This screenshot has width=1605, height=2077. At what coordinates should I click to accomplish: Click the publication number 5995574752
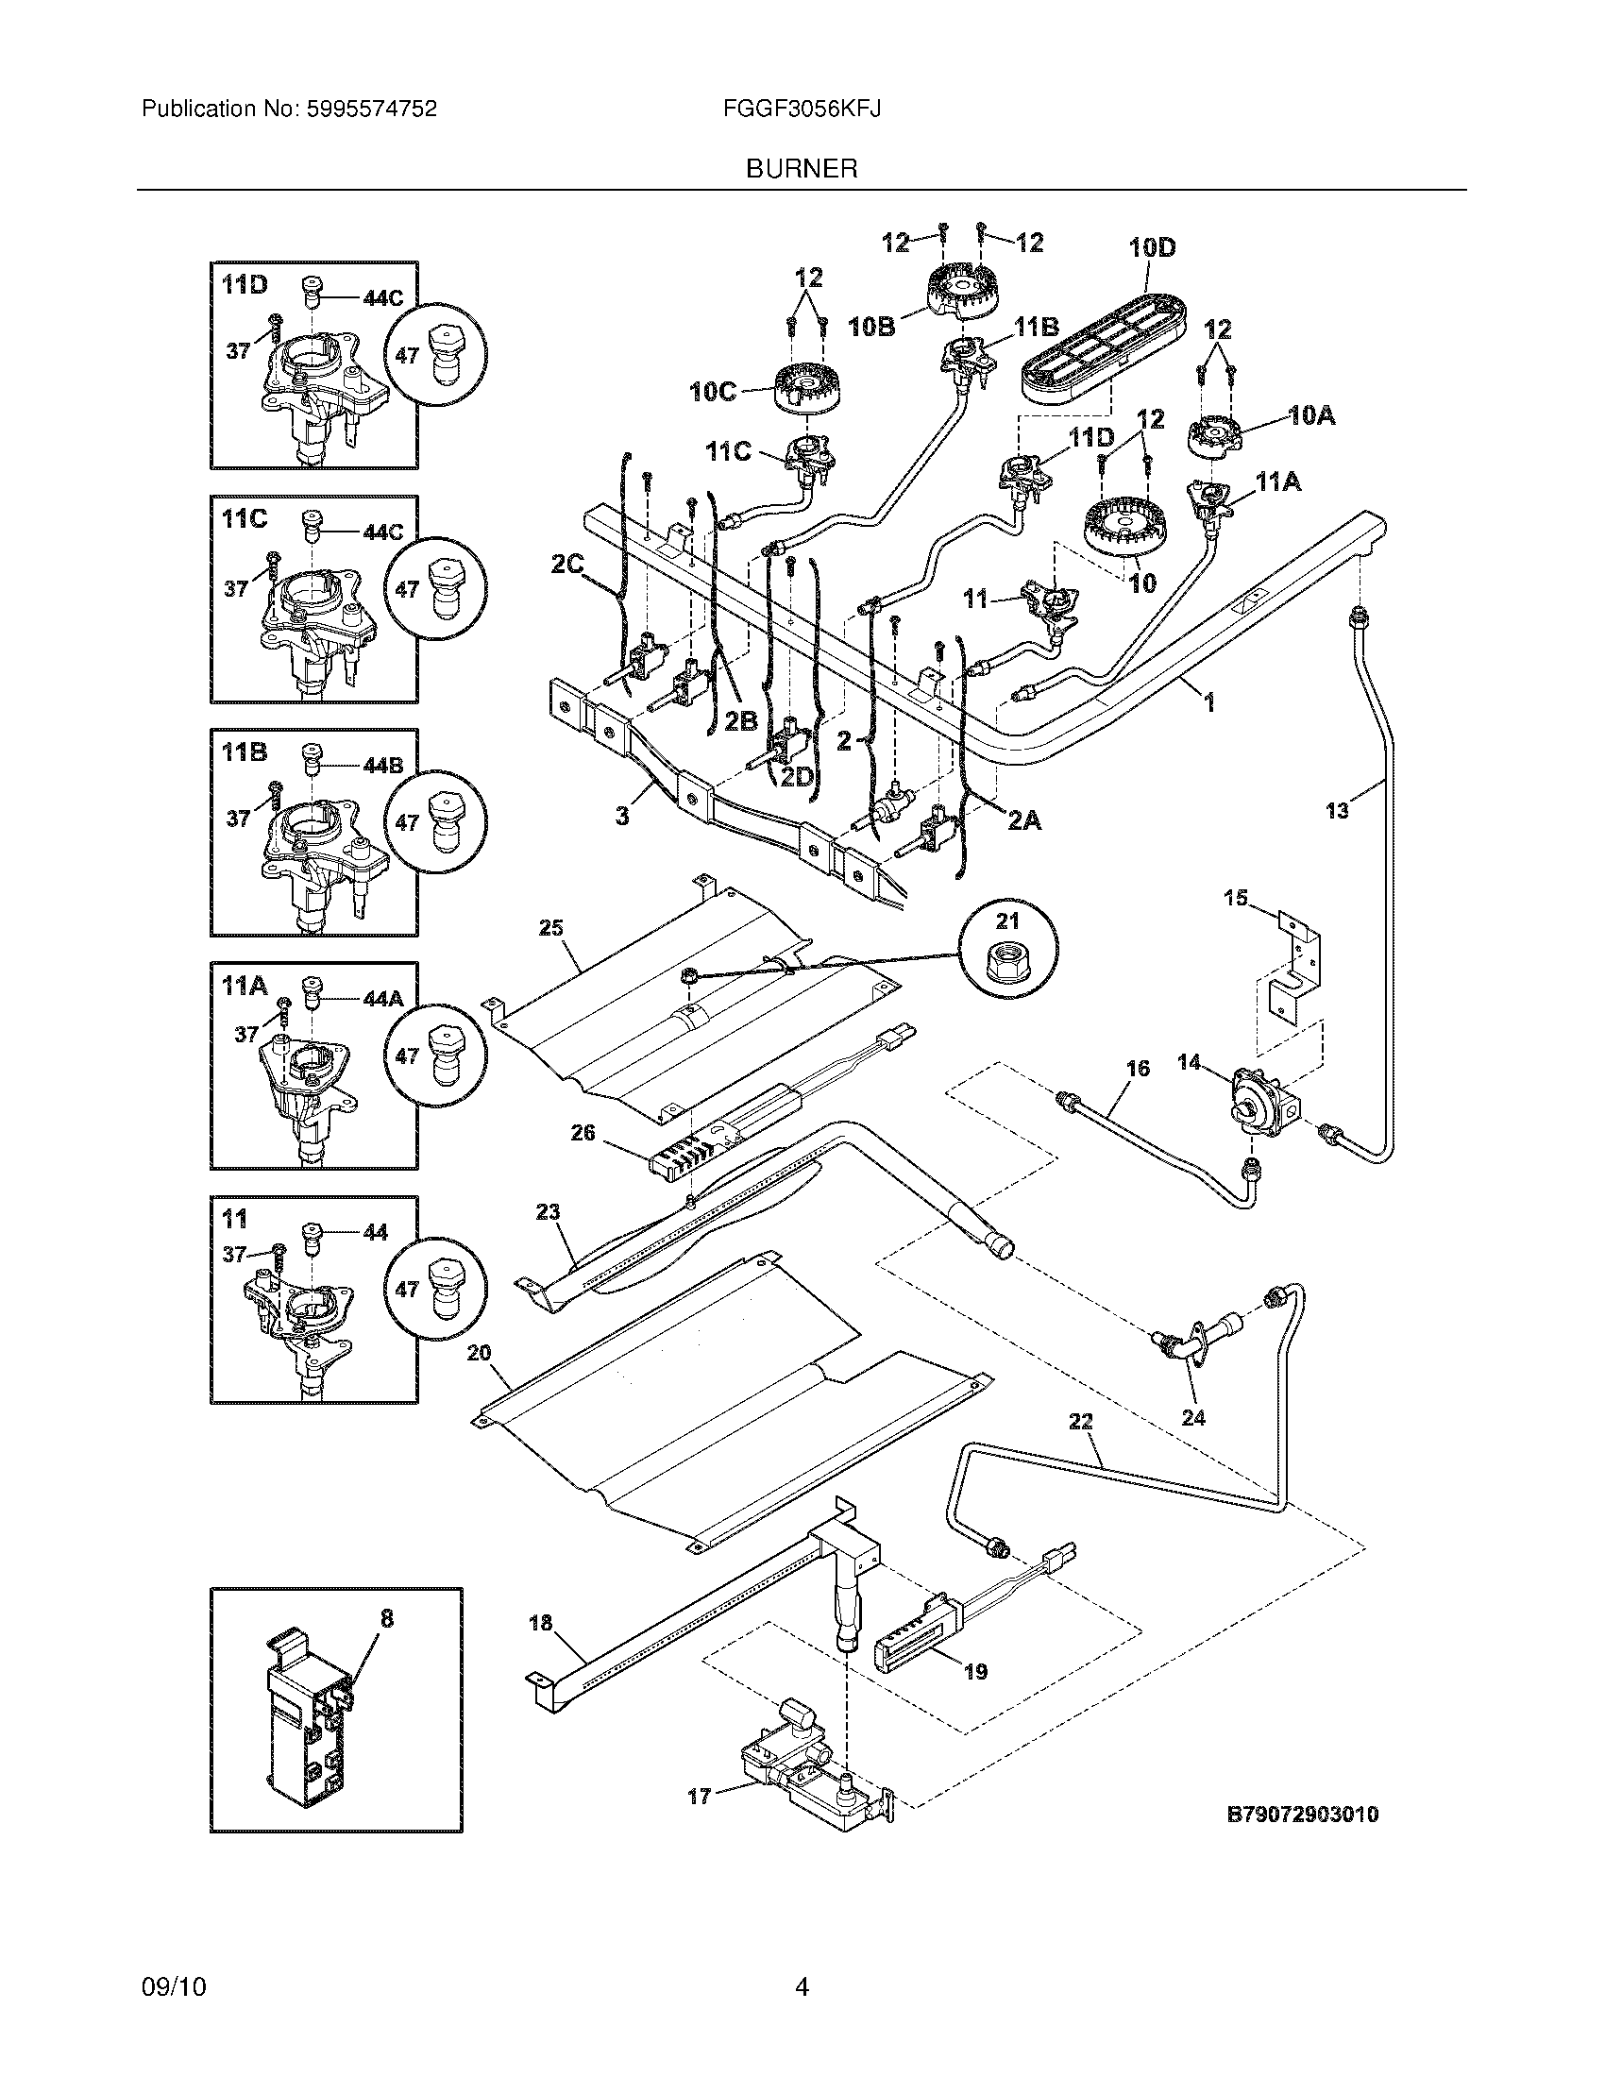point(372,110)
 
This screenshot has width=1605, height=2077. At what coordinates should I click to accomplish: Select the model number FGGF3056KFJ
point(802,110)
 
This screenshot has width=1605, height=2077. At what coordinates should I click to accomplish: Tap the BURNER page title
point(802,169)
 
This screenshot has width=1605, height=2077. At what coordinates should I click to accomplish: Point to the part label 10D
point(1152,248)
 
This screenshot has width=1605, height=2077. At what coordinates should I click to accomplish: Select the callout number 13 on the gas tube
point(1337,811)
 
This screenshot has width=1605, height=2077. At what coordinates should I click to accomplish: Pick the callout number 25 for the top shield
point(551,928)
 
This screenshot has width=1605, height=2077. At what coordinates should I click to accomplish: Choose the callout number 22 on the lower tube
point(1081,1448)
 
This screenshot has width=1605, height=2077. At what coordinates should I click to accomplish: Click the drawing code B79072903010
point(1303,1815)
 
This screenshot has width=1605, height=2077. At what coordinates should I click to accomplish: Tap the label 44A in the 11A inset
point(383,999)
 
